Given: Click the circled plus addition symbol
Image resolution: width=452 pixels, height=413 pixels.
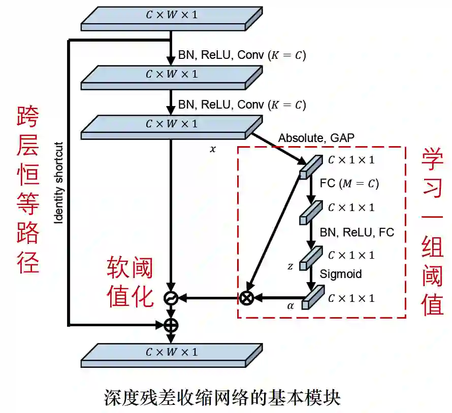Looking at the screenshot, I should point(171,324).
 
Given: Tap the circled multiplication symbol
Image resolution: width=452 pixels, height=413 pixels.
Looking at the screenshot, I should point(247,298).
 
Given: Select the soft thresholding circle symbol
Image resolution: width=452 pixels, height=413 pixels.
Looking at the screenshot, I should point(171,298).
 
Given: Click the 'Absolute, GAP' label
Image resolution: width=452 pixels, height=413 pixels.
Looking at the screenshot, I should point(316,137).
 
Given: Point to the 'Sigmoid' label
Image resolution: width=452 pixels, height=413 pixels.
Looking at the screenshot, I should point(341,274).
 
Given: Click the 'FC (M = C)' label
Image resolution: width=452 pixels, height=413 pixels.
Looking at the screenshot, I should point(349,183).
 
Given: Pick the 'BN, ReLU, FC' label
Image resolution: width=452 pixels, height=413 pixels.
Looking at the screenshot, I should point(357,232).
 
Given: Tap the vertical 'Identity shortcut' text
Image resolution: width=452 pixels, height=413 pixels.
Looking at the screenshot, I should point(59,182).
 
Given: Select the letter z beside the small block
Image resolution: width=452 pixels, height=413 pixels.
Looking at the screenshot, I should point(290,266).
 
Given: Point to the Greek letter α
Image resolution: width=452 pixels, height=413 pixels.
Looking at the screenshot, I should point(290,305).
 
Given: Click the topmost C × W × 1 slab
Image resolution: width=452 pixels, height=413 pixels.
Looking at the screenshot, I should point(171,18).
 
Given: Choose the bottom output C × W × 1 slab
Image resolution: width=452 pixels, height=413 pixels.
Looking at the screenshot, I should point(171,355).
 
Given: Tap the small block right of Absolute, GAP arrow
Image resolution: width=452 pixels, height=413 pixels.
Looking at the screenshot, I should point(311,166).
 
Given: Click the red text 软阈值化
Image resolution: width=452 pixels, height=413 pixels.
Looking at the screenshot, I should point(130,281).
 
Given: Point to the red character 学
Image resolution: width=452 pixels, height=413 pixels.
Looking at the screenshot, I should point(432,161).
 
